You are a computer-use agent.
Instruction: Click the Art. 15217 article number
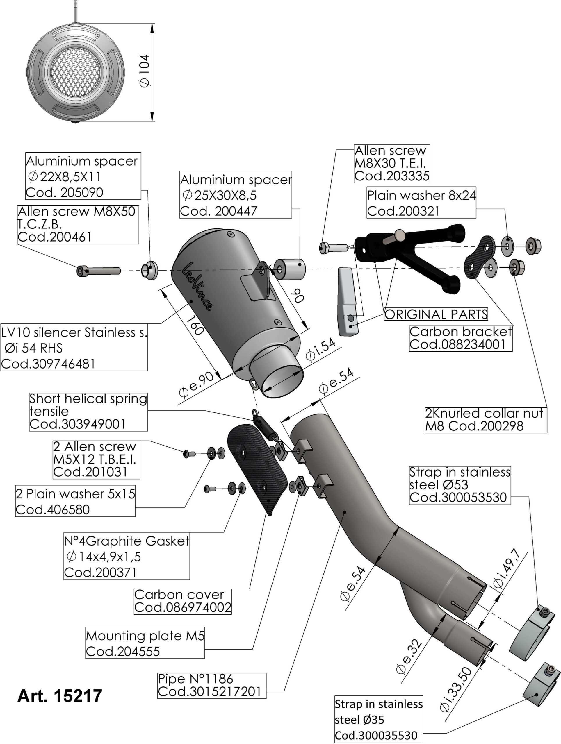point(60,695)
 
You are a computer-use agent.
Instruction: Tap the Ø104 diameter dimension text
point(145,71)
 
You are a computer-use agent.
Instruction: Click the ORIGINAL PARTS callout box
point(436,314)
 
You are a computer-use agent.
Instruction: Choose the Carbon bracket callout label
point(460,338)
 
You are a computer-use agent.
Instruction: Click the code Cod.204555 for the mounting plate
point(123,652)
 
